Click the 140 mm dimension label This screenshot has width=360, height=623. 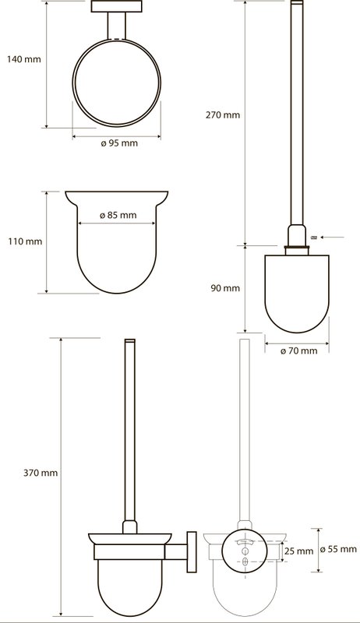pyautogui.click(x=24, y=60)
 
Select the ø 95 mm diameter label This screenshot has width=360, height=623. pyautogui.click(x=119, y=143)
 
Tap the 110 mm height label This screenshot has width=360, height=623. pyautogui.click(x=25, y=241)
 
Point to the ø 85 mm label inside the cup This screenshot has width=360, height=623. pyautogui.click(x=118, y=216)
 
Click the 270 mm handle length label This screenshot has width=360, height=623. pyautogui.click(x=223, y=115)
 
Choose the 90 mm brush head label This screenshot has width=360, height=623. pyautogui.click(x=225, y=288)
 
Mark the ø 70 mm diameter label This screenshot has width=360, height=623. pyautogui.click(x=298, y=351)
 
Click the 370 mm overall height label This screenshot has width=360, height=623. pyautogui.click(x=41, y=473)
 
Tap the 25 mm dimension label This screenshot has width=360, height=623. pyautogui.click(x=298, y=551)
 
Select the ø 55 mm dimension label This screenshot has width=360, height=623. pyautogui.click(x=338, y=550)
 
